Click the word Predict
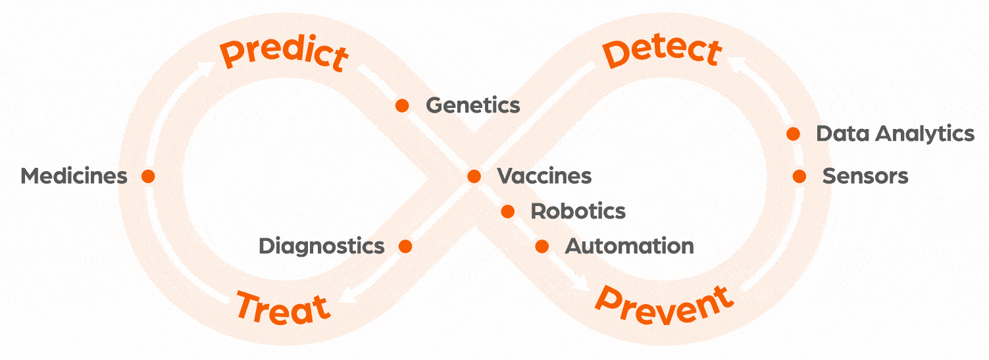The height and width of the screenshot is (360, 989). (x=284, y=54)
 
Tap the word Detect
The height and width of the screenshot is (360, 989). (x=663, y=53)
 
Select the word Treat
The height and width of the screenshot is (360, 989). (x=283, y=307)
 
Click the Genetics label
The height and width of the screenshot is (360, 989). (x=473, y=105)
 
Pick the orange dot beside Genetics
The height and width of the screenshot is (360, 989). (x=402, y=105)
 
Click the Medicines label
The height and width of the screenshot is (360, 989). (x=74, y=176)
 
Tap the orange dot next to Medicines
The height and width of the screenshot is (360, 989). (x=148, y=176)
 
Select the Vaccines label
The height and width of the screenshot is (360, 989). (x=544, y=176)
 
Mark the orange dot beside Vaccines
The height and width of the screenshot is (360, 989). (x=474, y=176)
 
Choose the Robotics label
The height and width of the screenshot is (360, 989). (x=578, y=211)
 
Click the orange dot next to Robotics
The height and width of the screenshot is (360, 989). (x=507, y=211)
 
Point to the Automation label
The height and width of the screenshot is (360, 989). (x=629, y=246)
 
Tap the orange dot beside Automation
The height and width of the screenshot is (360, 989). (x=542, y=246)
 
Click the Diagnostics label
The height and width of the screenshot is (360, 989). (x=321, y=246)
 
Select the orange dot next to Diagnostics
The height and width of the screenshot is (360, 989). (x=405, y=246)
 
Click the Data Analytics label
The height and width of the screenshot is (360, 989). (x=895, y=134)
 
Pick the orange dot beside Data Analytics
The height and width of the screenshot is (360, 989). (x=794, y=134)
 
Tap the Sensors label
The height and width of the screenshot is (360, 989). (x=865, y=176)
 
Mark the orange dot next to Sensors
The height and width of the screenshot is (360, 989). (x=799, y=176)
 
